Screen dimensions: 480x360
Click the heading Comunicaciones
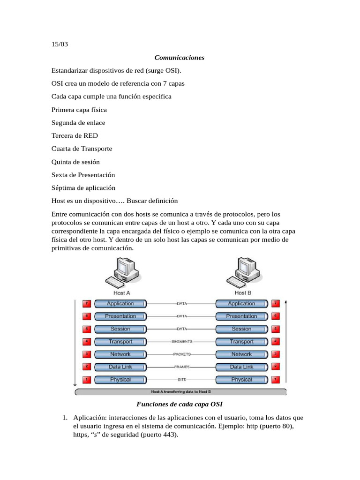(180, 58)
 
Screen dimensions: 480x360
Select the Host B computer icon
(242, 271)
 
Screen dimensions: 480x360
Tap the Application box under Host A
(120, 303)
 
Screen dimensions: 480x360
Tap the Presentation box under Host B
(241, 316)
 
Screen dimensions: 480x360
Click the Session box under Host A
(120, 329)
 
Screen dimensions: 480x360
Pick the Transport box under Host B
(241, 341)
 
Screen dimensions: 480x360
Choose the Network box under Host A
(120, 354)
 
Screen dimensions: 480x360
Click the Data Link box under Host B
(241, 367)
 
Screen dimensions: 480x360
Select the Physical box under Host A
(120, 379)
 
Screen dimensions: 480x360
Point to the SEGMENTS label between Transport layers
(182, 342)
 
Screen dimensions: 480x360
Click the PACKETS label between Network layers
(182, 354)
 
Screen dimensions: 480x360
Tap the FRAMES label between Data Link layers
(182, 367)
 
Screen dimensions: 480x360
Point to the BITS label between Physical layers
(182, 380)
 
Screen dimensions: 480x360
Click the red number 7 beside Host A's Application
(86, 303)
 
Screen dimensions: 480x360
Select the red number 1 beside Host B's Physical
(276, 379)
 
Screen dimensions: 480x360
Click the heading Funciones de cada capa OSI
(180, 404)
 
